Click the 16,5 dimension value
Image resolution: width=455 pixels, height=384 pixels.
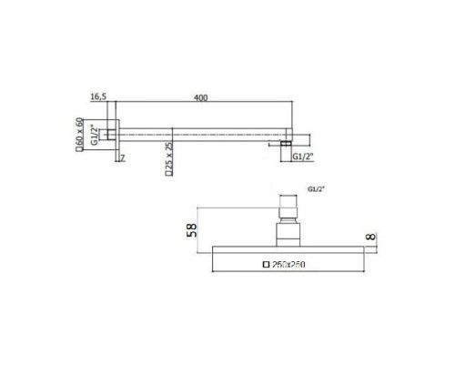[99, 94]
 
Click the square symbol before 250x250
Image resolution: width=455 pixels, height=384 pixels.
[266, 266]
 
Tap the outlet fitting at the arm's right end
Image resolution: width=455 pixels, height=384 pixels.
[287, 142]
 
